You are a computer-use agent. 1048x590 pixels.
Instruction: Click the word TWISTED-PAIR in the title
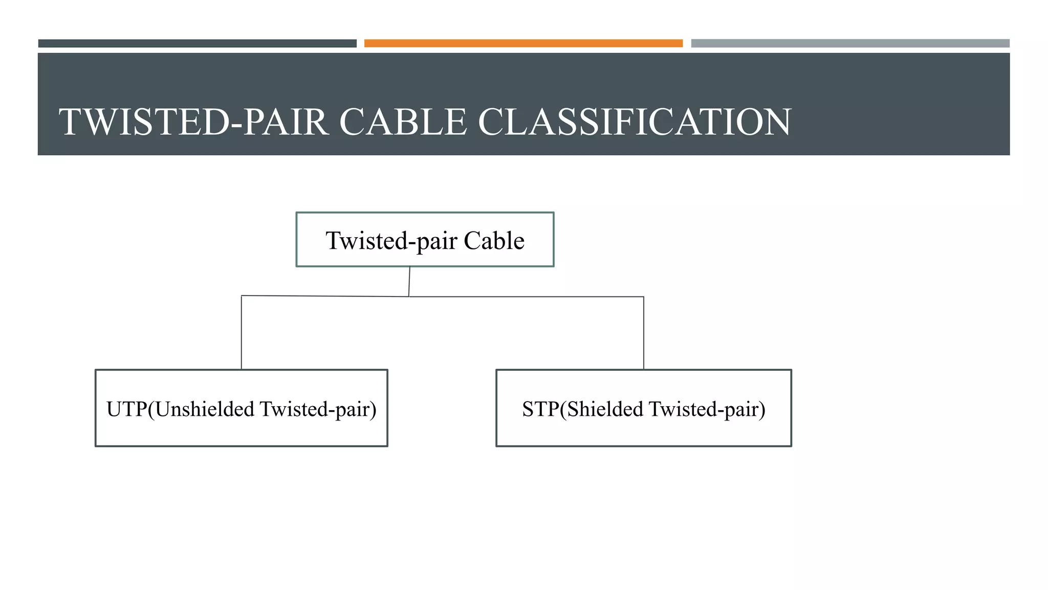(x=193, y=122)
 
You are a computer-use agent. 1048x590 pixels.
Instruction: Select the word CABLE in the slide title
(x=403, y=122)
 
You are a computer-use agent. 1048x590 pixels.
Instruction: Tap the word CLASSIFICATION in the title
(x=635, y=122)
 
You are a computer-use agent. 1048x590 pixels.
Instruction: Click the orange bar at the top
(x=523, y=44)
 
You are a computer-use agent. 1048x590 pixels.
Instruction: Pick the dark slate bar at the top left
(x=197, y=44)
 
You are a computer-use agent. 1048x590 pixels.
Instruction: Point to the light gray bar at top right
(x=850, y=44)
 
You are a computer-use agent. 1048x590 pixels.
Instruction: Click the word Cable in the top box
(x=494, y=241)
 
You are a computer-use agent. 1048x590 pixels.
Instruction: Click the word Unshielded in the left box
(x=205, y=409)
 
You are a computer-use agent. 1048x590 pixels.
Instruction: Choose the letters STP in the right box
(x=540, y=409)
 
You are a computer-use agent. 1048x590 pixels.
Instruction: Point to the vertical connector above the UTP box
(x=242, y=333)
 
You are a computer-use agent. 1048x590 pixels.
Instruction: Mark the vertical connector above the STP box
(x=643, y=333)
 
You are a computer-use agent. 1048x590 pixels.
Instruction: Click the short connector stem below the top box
(x=409, y=281)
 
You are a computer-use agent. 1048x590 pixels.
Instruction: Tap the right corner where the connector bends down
(x=643, y=297)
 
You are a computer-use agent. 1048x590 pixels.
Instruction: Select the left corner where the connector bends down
(x=242, y=296)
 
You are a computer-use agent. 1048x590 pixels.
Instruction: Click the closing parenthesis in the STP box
(x=762, y=409)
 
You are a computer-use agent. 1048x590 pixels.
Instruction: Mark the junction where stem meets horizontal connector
(x=409, y=297)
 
